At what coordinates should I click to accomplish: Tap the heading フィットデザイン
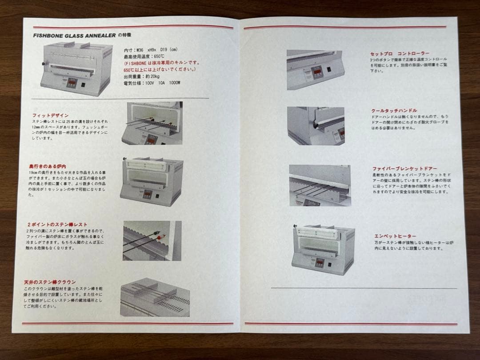click(x=47, y=115)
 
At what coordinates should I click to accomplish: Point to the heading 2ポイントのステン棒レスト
click(x=56, y=224)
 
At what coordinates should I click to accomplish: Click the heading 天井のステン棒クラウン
click(x=50, y=282)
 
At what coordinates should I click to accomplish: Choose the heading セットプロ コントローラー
click(x=400, y=53)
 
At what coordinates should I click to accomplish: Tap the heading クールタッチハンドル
click(x=394, y=110)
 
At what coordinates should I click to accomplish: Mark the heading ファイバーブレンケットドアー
click(x=404, y=169)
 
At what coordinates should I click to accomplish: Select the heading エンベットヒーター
click(x=395, y=236)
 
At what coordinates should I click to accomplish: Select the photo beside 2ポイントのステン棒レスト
click(x=152, y=240)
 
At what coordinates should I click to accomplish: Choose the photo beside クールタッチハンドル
click(x=315, y=126)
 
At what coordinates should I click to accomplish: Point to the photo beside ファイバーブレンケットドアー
click(x=319, y=185)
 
